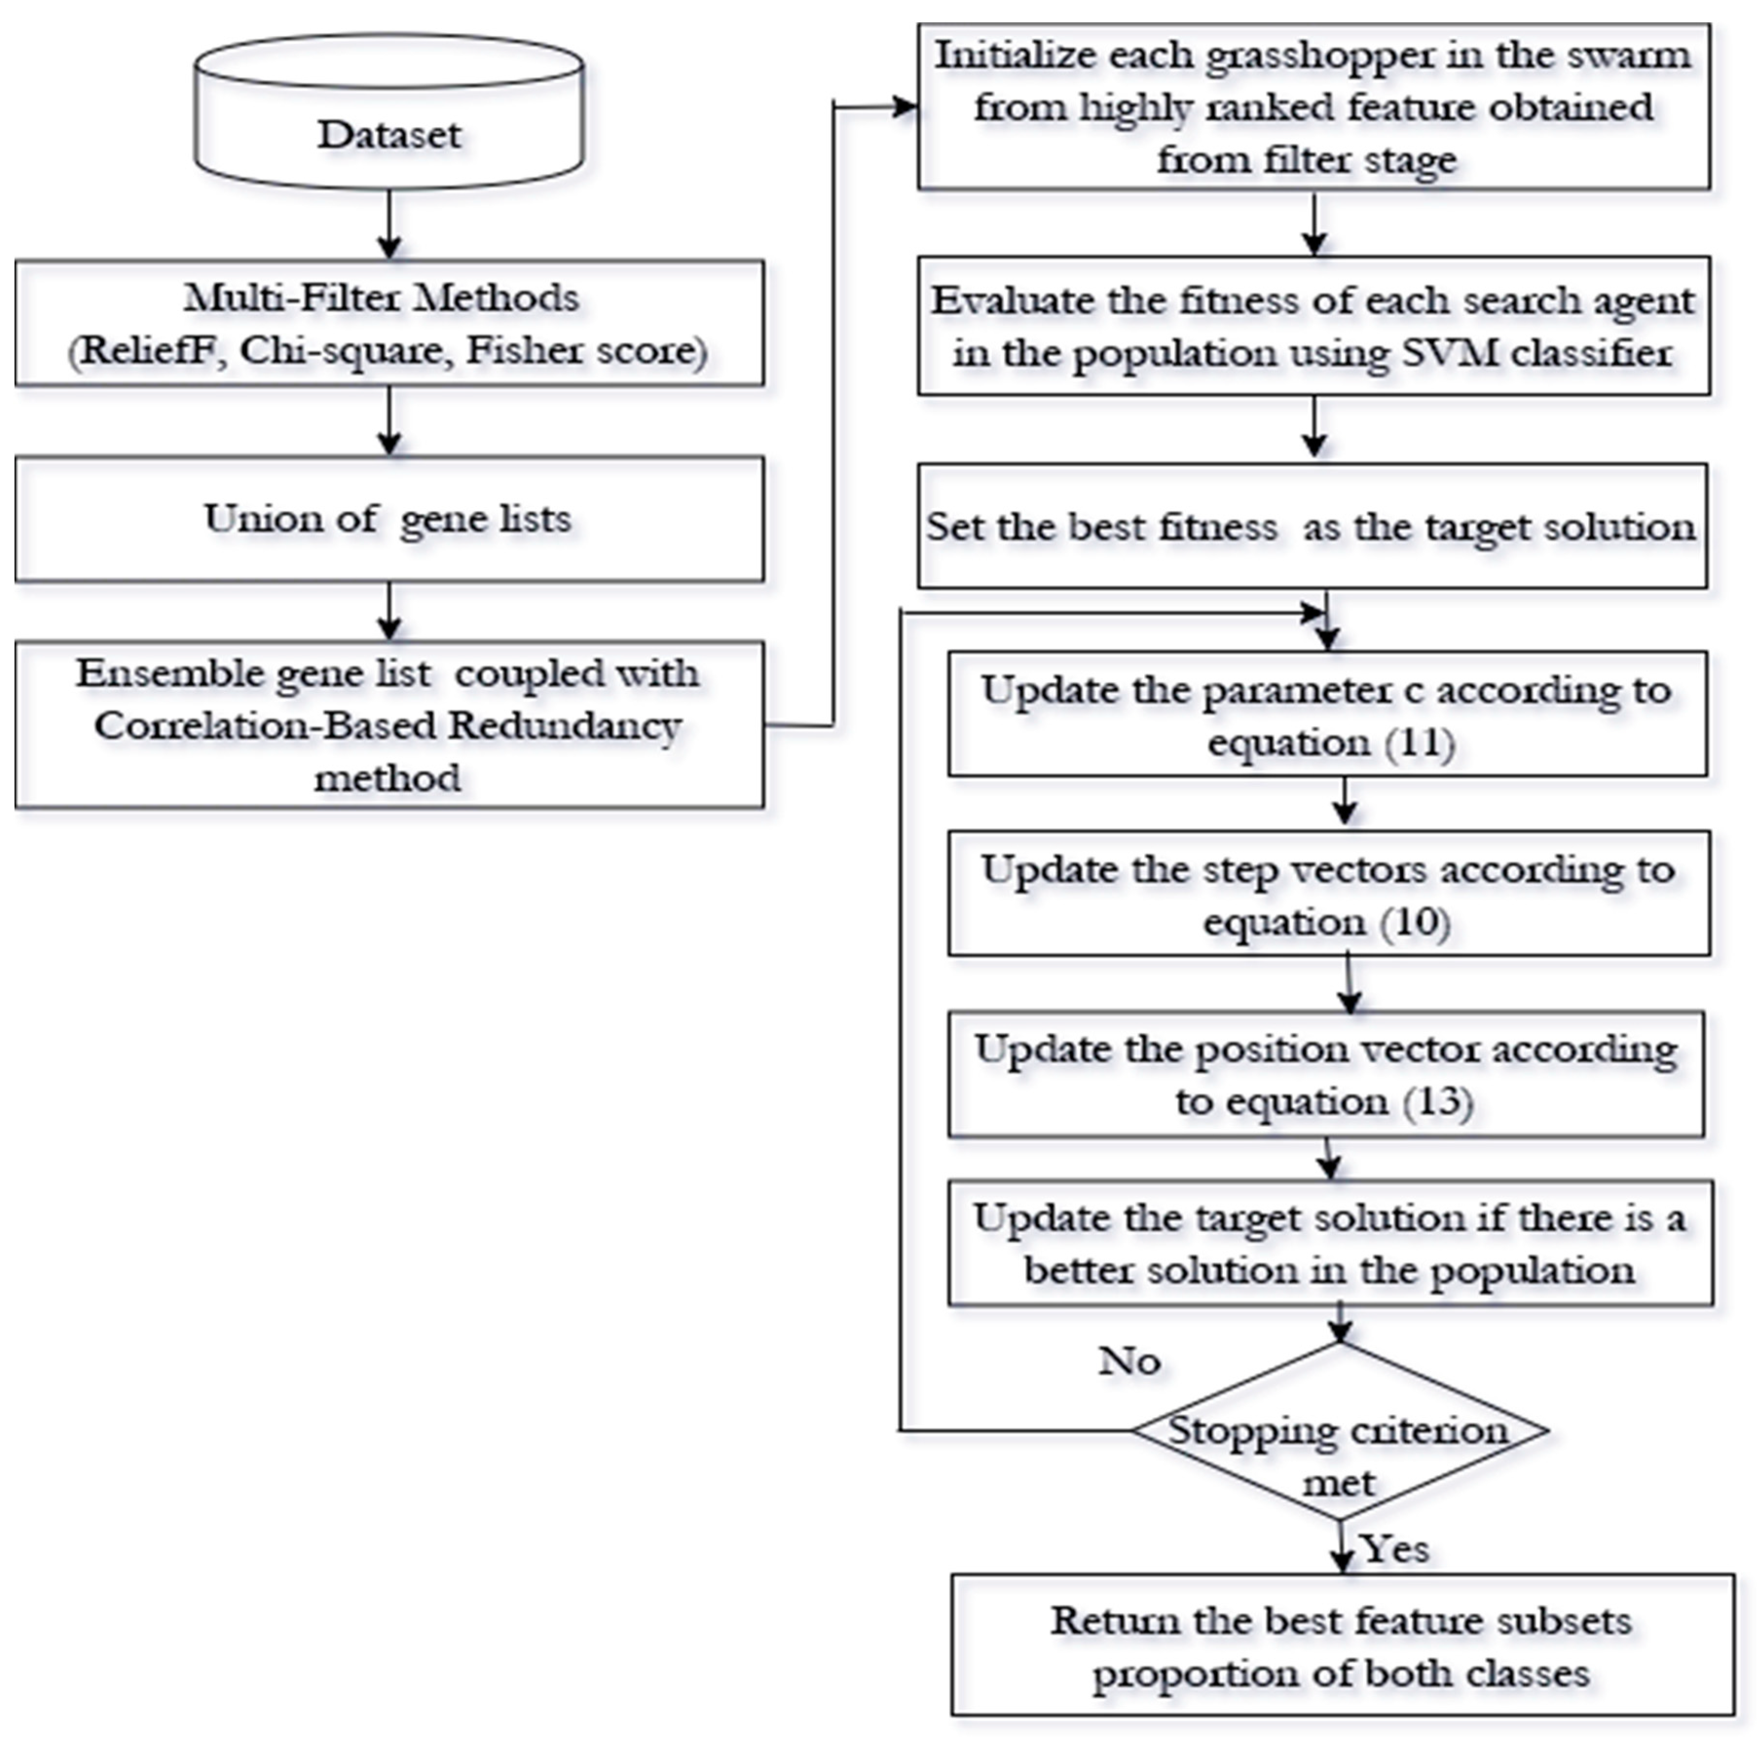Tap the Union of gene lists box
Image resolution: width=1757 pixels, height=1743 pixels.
389,519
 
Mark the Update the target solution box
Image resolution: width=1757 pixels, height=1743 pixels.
1330,1243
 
